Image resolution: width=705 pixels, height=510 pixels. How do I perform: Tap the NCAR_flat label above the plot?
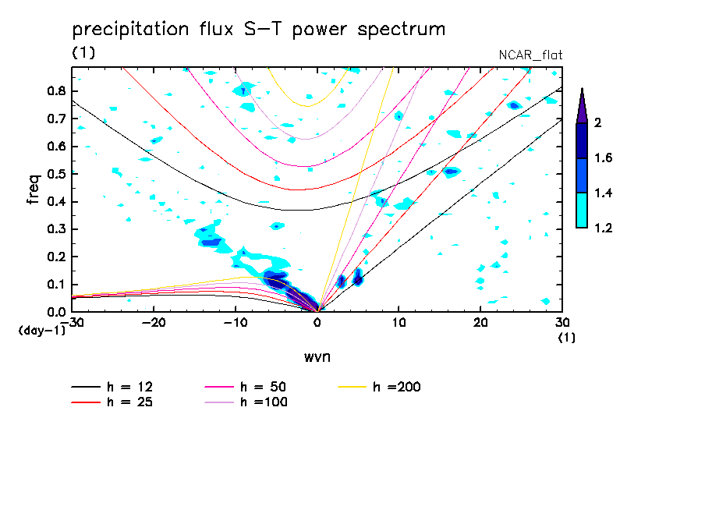(530, 55)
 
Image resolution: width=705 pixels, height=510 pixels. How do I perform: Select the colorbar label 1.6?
(604, 158)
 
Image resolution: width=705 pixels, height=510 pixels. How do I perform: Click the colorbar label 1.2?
(604, 228)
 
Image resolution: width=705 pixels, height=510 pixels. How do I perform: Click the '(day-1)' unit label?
(41, 331)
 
